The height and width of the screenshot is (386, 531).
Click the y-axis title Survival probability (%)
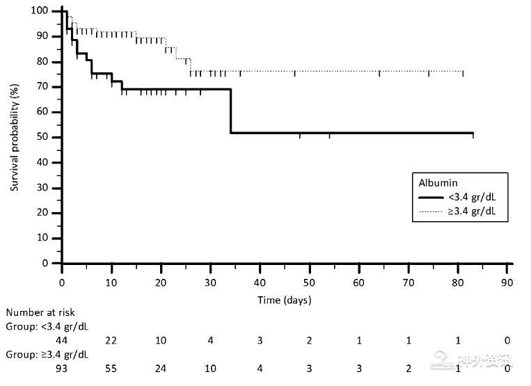coord(14,138)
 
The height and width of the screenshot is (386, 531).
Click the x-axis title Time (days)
coord(285,300)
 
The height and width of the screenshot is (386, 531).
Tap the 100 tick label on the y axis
coord(40,11)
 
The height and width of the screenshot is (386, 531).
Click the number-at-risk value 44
coord(62,340)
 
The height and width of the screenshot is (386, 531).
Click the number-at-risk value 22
coord(111,340)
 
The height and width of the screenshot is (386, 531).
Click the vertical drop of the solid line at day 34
coord(230,111)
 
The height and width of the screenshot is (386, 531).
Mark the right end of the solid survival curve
coord(473,133)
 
